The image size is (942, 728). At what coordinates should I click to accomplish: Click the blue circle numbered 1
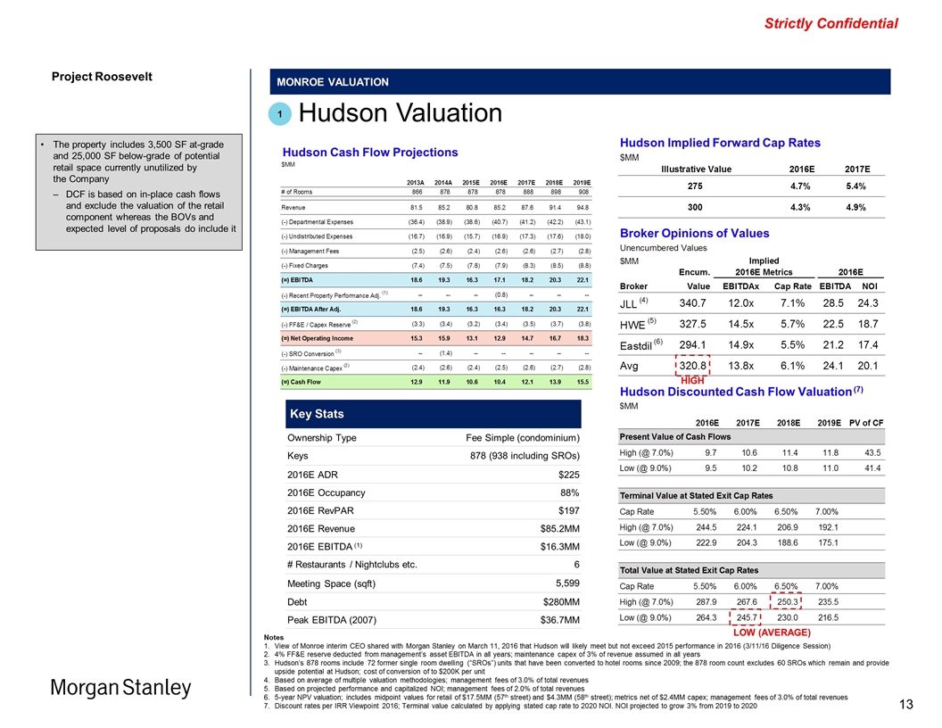(x=279, y=114)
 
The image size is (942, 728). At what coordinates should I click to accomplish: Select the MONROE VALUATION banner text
(x=333, y=82)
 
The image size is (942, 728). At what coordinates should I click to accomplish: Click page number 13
(x=905, y=706)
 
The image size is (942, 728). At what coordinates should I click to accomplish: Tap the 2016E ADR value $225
(x=566, y=474)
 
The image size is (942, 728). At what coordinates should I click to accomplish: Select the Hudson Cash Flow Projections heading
(x=369, y=152)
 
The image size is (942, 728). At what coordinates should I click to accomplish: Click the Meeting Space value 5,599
(x=562, y=583)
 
